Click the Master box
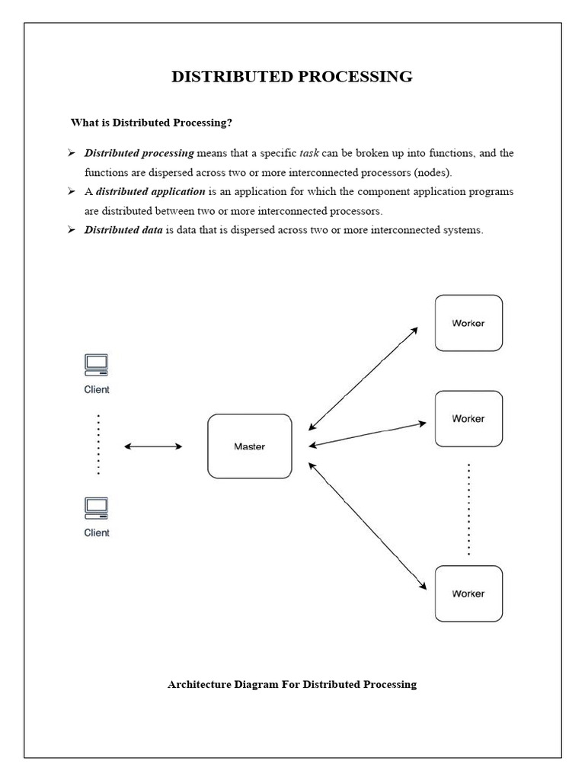click(250, 446)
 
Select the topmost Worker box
click(468, 323)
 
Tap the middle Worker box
click(468, 419)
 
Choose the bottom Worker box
click(468, 593)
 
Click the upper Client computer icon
click(96, 366)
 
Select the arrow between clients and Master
click(153, 446)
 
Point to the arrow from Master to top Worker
click(363, 379)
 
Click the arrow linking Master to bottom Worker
click(367, 525)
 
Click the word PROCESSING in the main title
click(358, 76)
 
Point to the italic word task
click(309, 153)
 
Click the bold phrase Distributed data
click(123, 230)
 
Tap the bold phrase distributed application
click(150, 191)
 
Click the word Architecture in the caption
click(199, 684)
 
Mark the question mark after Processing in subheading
click(229, 122)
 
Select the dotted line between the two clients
click(98, 445)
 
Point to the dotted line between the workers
click(468, 509)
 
